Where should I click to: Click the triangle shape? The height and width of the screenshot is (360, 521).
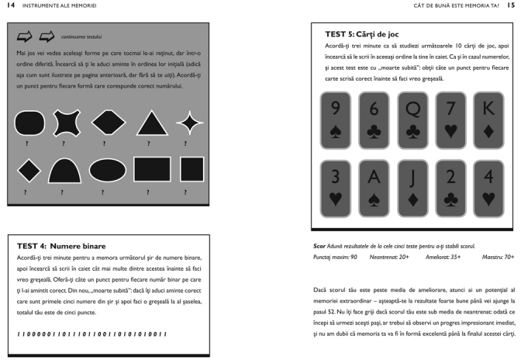[x=152, y=123]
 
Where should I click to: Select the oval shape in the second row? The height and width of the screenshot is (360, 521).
[x=107, y=170]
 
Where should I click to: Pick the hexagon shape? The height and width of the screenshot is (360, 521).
[x=108, y=123]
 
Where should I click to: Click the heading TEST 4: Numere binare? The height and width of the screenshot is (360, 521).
[x=56, y=246]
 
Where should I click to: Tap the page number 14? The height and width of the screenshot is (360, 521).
[x=9, y=7]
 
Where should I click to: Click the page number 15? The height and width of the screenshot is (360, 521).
[x=511, y=7]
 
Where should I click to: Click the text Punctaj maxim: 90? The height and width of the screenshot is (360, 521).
[x=336, y=255]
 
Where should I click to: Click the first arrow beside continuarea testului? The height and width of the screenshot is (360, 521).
[x=24, y=35]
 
